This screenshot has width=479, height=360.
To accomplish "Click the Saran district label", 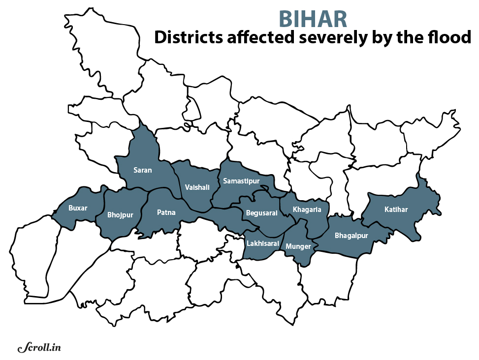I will (x=143, y=170).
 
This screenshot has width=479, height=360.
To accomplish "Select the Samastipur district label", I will (x=241, y=181).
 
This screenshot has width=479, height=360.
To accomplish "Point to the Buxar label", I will (x=78, y=208).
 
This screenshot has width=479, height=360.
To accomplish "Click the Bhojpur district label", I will (x=120, y=215).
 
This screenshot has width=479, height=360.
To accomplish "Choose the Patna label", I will (x=166, y=212).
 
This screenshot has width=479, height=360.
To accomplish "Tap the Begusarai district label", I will (x=261, y=213).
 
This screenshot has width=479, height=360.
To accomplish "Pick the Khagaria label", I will (x=307, y=210).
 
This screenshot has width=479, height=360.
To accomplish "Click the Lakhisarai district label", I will (x=263, y=243).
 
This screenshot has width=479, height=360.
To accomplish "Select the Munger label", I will (x=298, y=245).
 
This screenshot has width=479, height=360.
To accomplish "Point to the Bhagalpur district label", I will (x=351, y=236).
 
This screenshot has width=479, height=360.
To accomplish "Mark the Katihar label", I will (x=396, y=210).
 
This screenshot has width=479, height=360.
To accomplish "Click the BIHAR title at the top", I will (x=313, y=19).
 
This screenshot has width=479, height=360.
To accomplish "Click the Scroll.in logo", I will (x=39, y=348).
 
